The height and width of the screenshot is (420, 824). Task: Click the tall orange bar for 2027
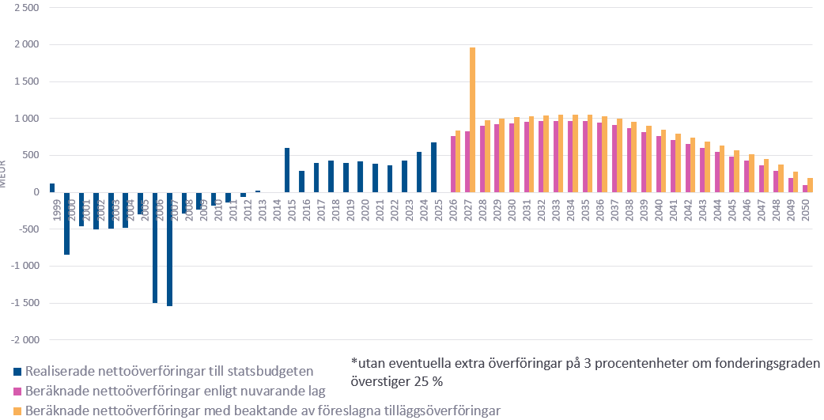(x=472, y=119)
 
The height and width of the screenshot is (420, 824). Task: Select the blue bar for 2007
(x=169, y=248)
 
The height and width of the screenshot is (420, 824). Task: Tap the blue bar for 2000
(x=66, y=223)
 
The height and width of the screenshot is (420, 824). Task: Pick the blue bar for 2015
(x=287, y=170)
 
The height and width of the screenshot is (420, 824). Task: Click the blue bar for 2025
(x=433, y=167)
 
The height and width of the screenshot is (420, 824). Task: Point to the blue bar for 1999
(x=52, y=188)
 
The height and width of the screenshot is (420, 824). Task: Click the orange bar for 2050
(x=811, y=185)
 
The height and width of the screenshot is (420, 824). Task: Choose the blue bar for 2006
(x=155, y=247)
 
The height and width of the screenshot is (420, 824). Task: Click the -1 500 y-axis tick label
(x=23, y=303)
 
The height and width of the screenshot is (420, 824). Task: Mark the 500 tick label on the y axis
(x=30, y=155)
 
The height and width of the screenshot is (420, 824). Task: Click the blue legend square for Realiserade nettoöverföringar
(x=17, y=371)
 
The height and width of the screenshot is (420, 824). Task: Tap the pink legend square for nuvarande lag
(x=17, y=391)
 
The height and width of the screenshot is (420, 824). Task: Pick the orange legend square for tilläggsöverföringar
(x=17, y=411)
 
